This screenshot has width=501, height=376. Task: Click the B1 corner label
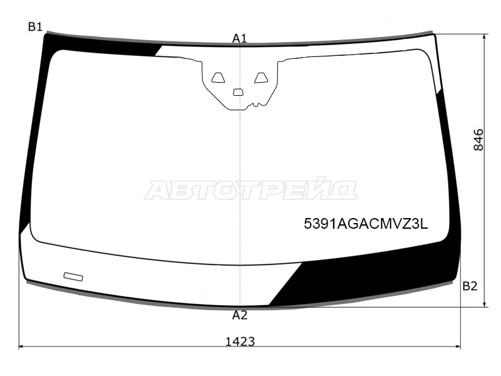[35, 27]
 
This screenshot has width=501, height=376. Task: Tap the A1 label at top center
[240, 39]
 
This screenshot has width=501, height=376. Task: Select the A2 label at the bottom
[240, 316]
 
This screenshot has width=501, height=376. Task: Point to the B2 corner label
[470, 286]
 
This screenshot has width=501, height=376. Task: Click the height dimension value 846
[478, 140]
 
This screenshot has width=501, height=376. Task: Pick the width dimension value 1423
[240, 342]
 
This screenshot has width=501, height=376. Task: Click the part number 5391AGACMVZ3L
[366, 224]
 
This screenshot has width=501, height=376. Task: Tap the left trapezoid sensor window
[218, 78]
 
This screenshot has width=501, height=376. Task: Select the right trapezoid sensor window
[261, 78]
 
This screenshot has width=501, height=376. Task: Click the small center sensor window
[238, 92]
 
